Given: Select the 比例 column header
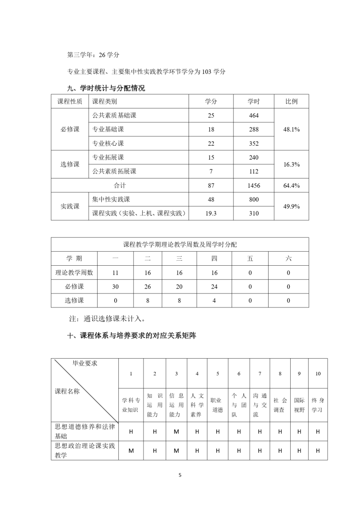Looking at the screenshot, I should [x=292, y=102].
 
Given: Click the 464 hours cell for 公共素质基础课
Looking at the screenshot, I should [x=254, y=116].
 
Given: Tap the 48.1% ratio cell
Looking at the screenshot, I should [x=292, y=129].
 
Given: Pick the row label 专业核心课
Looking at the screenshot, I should [x=108, y=143].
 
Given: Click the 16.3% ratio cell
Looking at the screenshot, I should [x=292, y=165].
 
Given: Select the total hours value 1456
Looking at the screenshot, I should [x=254, y=186].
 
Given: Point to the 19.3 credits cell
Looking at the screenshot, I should [x=211, y=214].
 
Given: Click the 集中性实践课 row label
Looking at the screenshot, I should [x=111, y=199].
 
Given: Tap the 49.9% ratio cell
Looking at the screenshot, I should [x=292, y=206].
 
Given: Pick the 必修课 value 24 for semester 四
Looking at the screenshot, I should [x=214, y=286].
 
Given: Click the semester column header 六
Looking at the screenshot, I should [x=288, y=258].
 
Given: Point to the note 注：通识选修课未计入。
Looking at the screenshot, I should [x=106, y=319].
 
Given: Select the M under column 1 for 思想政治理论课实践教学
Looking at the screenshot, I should [x=131, y=450].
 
